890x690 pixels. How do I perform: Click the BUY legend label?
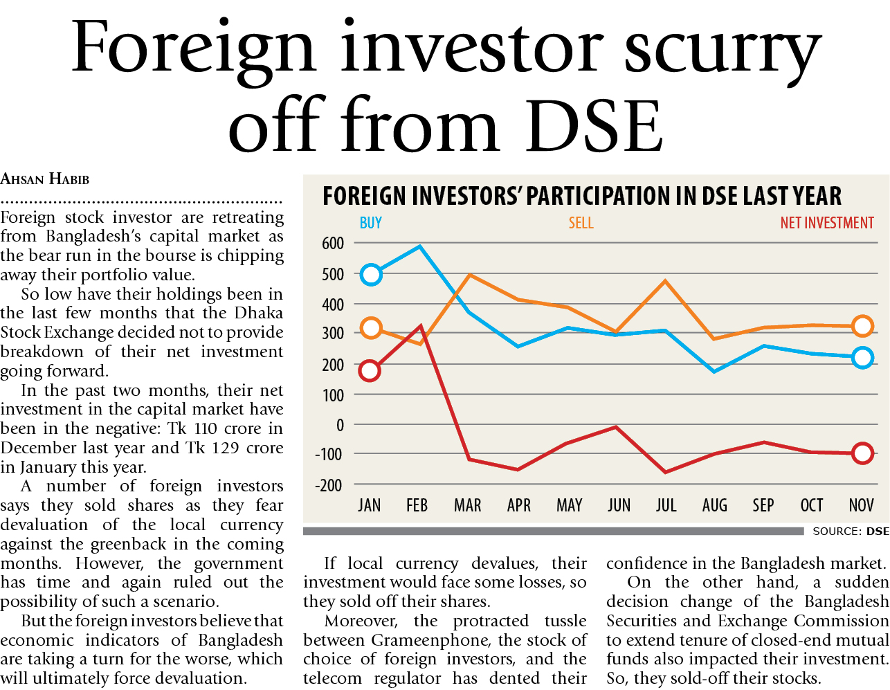[371, 223]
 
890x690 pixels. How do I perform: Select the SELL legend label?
[581, 223]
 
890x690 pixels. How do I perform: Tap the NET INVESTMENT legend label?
[827, 223]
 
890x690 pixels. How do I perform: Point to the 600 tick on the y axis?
[333, 243]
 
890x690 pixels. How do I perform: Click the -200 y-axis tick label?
[329, 484]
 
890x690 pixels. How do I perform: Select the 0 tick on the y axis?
[340, 424]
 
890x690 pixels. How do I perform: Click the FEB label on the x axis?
[417, 505]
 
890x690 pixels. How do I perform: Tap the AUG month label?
[714, 505]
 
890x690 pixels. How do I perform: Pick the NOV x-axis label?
[861, 505]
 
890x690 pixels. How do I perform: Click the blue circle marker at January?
[371, 275]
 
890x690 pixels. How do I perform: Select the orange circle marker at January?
[371, 328]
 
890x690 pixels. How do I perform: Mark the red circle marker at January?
[370, 371]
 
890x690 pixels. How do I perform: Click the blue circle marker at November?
[862, 358]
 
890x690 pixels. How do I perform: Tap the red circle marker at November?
[862, 454]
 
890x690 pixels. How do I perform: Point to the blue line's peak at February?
[419, 246]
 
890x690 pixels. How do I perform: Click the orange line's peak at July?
[665, 281]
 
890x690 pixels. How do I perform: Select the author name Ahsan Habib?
[45, 179]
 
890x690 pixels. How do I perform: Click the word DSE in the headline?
[594, 127]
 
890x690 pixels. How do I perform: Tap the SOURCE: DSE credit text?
[850, 532]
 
